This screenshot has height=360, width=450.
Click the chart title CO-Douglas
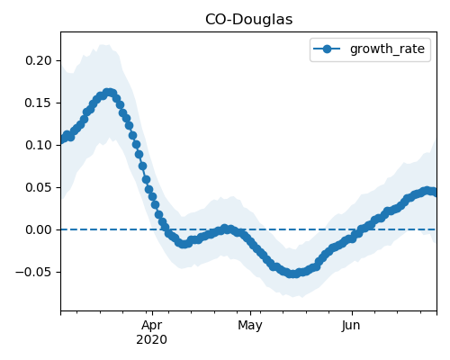(x=248, y=20)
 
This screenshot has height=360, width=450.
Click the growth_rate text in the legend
(x=387, y=49)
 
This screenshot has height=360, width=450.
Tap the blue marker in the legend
(x=327, y=49)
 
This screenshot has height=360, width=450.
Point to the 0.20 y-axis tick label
(x=39, y=60)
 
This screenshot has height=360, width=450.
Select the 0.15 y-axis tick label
(x=39, y=103)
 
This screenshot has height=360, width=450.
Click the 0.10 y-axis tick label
(x=39, y=145)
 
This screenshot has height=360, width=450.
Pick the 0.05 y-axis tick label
(x=39, y=187)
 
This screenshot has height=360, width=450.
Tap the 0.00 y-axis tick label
(x=39, y=229)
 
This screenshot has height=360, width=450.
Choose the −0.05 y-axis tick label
(x=34, y=272)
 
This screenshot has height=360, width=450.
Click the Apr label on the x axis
(x=152, y=325)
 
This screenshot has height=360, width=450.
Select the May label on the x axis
(x=250, y=326)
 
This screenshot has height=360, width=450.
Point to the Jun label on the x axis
(x=351, y=326)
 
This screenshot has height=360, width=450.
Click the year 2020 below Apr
(x=152, y=340)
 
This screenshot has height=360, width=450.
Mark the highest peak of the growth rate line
(x=109, y=93)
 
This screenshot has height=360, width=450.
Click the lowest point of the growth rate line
(x=293, y=274)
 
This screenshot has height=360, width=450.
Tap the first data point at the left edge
(x=61, y=140)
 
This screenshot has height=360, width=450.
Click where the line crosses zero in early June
(x=359, y=229)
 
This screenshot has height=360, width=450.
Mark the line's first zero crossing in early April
(x=166, y=229)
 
